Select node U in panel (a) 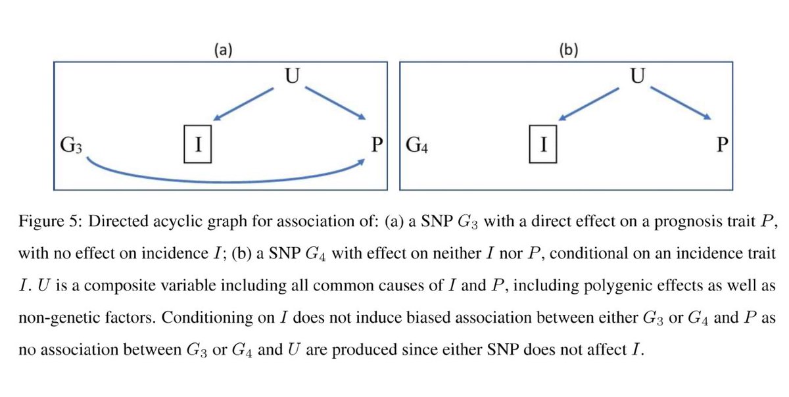click(292, 76)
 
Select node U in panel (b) click(636, 76)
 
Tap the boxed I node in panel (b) click(543, 144)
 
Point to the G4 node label click(418, 144)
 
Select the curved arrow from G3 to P click(224, 179)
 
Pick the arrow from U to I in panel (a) click(247, 104)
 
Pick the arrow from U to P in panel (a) click(335, 104)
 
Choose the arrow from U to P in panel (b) click(681, 104)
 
